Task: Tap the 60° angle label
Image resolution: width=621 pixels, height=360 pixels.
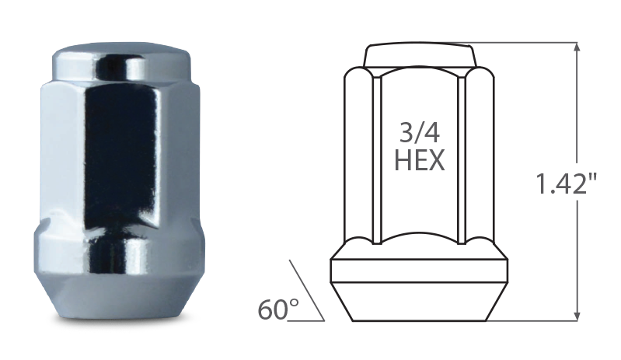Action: pyautogui.click(x=278, y=309)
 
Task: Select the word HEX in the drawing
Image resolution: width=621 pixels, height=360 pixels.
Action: pyautogui.click(x=419, y=160)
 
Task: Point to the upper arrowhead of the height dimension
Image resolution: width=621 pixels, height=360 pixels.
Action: pyautogui.click(x=576, y=48)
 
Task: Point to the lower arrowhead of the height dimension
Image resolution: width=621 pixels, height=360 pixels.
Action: pyautogui.click(x=576, y=314)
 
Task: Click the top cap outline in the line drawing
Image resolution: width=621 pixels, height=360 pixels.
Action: pyautogui.click(x=420, y=56)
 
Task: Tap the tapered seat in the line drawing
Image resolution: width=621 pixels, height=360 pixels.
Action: pyautogui.click(x=420, y=300)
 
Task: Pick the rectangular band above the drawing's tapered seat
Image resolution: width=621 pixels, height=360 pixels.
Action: pyautogui.click(x=420, y=267)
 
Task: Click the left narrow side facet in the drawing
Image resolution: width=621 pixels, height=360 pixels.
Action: pyautogui.click(x=376, y=156)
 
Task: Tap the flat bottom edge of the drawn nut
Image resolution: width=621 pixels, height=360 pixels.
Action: pyautogui.click(x=420, y=320)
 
